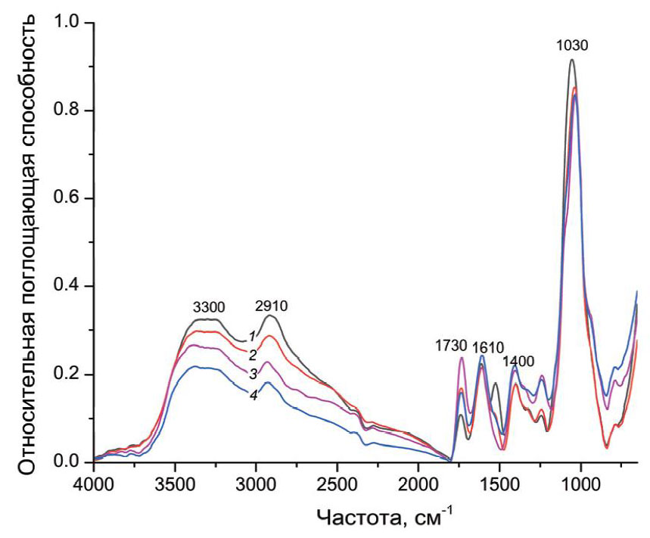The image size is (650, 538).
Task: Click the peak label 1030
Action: [572, 45]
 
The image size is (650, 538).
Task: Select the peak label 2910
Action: [272, 306]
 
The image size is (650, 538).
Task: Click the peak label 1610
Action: [488, 347]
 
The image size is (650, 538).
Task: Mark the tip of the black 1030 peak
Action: [572, 59]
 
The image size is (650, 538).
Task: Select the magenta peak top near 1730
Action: [461, 357]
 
